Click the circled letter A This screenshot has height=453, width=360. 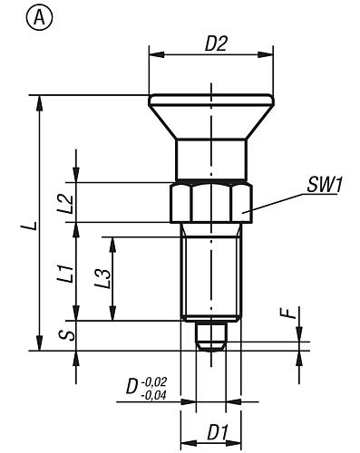tap(40, 18)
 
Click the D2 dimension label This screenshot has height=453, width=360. tap(216, 43)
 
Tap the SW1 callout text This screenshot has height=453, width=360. tap(325, 185)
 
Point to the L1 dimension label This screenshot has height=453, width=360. tap(66, 274)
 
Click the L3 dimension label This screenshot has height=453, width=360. tap(103, 278)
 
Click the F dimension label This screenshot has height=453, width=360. tap(291, 313)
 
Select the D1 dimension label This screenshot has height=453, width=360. tap(218, 432)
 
